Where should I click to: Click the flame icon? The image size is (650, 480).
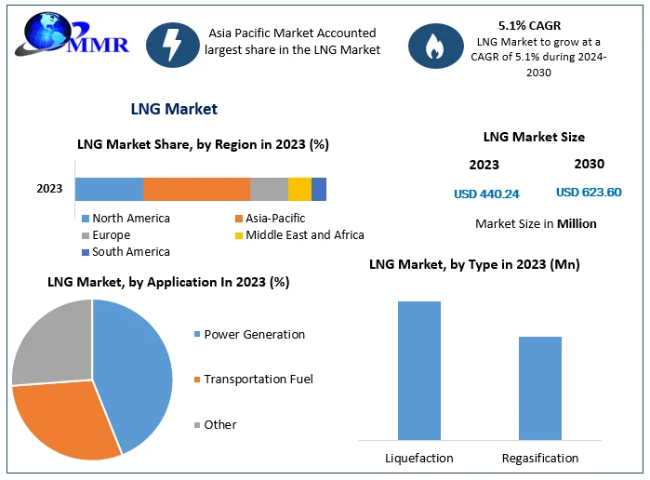[x=433, y=47]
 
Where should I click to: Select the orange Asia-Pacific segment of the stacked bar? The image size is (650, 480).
[x=196, y=189]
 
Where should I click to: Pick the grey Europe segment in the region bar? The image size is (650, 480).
[x=269, y=189]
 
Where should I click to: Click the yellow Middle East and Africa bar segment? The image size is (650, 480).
[x=299, y=189]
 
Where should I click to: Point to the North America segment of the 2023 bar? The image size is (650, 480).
[x=109, y=189]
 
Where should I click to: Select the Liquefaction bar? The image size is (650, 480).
[x=418, y=370]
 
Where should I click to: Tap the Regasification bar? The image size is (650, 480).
[x=539, y=388]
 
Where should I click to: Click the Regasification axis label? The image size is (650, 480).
[x=539, y=458]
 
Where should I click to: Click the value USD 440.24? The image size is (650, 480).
[x=486, y=193]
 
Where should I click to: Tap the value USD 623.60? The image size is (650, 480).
[x=589, y=193]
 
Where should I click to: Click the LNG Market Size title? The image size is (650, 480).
[x=534, y=137]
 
